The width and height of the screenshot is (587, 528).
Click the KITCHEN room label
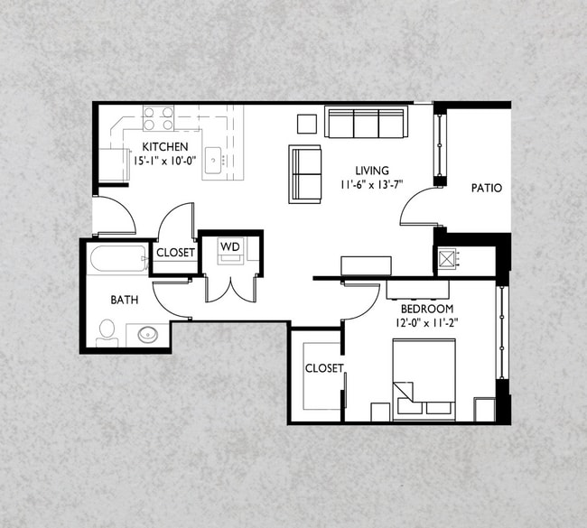point(163,147)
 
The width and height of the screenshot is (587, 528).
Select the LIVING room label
point(372,171)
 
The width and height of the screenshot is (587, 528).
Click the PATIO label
point(487,189)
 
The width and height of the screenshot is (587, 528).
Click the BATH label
point(125,301)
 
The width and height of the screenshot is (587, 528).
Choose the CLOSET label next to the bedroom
point(322,368)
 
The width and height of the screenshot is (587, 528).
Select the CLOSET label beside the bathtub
point(175,253)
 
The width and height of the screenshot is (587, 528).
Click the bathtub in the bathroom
point(118,260)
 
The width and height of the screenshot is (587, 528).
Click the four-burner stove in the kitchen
point(158,118)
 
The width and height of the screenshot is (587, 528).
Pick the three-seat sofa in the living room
point(365,123)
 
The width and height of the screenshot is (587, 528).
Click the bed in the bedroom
point(424,378)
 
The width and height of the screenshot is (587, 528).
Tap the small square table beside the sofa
point(307,123)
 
